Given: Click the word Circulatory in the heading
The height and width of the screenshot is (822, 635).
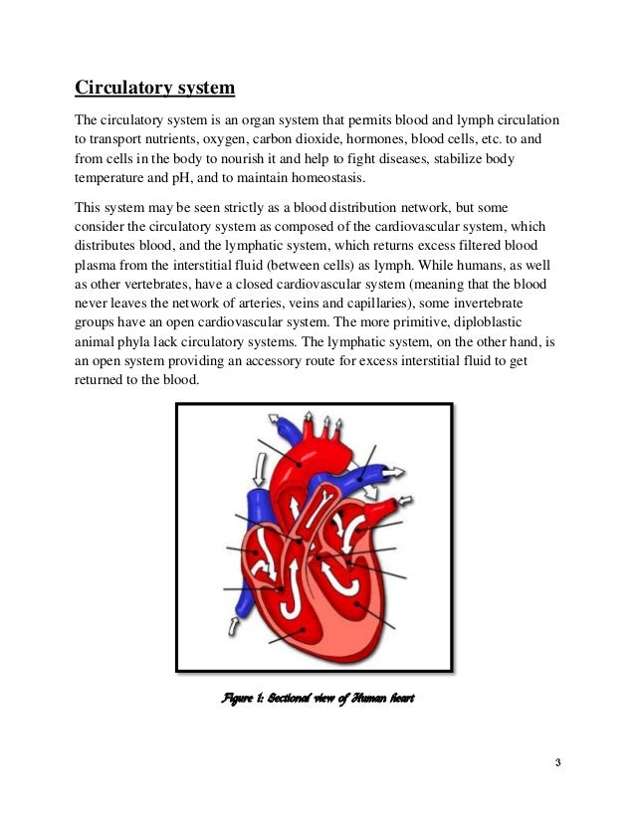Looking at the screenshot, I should tap(116, 90).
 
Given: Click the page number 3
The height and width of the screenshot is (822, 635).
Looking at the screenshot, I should tap(557, 763).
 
